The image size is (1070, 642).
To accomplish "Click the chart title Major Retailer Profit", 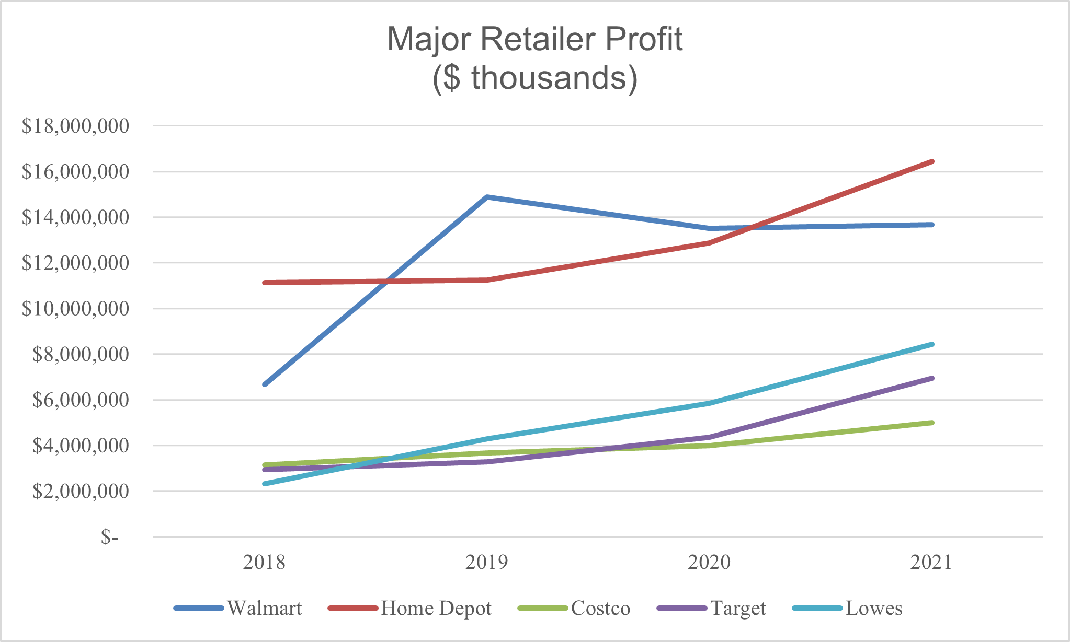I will (534, 39).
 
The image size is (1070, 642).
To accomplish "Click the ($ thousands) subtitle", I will (534, 78).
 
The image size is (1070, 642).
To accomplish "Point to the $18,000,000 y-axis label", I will (75, 126).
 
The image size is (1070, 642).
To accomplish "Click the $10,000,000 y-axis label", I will (75, 309).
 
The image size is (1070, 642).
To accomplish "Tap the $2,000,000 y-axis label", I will (81, 491).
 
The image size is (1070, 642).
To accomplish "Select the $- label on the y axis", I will (110, 537).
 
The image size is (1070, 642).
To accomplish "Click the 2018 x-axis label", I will (265, 563).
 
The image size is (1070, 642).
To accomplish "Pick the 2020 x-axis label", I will (709, 563).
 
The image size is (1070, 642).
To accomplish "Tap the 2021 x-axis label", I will (931, 563).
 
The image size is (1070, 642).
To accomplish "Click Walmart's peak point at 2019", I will (487, 197).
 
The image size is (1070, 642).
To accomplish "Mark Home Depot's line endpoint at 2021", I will (932, 161).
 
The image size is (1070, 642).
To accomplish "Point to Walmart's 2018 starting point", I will (265, 384).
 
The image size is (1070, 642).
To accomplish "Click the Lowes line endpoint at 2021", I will (932, 344).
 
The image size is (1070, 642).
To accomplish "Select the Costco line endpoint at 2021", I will (932, 423).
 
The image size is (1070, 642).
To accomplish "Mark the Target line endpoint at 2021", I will (932, 378).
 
